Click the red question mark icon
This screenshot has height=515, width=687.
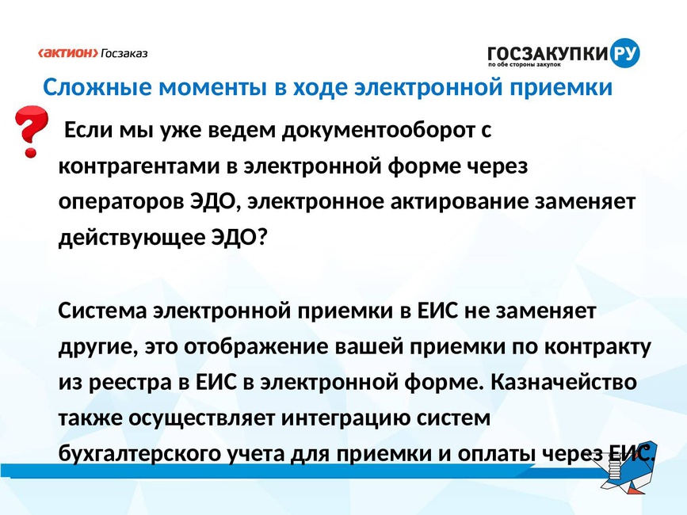pyautogui.click(x=30, y=132)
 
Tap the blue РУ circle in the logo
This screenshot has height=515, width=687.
pyautogui.click(x=624, y=53)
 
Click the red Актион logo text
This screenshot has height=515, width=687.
pyautogui.click(x=68, y=53)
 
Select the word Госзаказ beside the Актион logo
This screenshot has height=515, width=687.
pyautogui.click(x=124, y=54)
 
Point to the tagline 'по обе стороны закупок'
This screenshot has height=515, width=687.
pyautogui.click(x=525, y=65)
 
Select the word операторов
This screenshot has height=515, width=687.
pyautogui.click(x=121, y=202)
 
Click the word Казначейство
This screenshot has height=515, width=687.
pyautogui.click(x=563, y=382)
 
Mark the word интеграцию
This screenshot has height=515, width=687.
pyautogui.click(x=345, y=418)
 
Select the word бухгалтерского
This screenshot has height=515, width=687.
pyautogui.click(x=139, y=454)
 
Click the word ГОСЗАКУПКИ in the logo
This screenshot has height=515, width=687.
pyautogui.click(x=548, y=53)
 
